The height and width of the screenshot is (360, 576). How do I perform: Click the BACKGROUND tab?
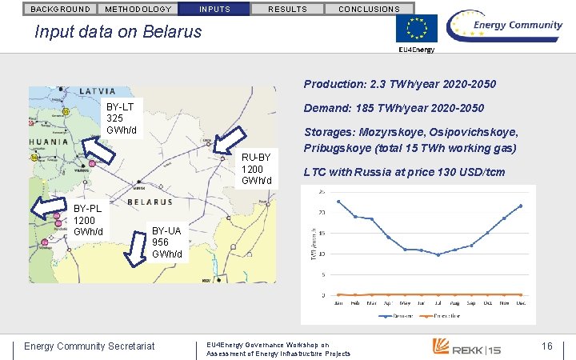[60, 9]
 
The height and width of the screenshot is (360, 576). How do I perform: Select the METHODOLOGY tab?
[138, 9]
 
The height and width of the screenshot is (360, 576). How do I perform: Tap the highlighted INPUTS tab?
[214, 9]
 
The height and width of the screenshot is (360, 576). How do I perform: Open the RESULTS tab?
[287, 9]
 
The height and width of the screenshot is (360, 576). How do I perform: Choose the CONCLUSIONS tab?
[369, 9]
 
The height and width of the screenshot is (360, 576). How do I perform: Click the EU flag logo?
[417, 29]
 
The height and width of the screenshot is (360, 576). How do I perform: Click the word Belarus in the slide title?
[171, 33]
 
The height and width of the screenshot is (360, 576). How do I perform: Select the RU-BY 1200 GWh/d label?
[257, 169]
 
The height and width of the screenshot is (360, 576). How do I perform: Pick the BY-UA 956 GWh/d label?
[167, 243]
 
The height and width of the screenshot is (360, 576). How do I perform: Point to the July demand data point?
[437, 254]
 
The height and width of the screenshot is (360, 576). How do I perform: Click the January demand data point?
[339, 201]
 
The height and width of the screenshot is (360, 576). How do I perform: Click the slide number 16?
[547, 346]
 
